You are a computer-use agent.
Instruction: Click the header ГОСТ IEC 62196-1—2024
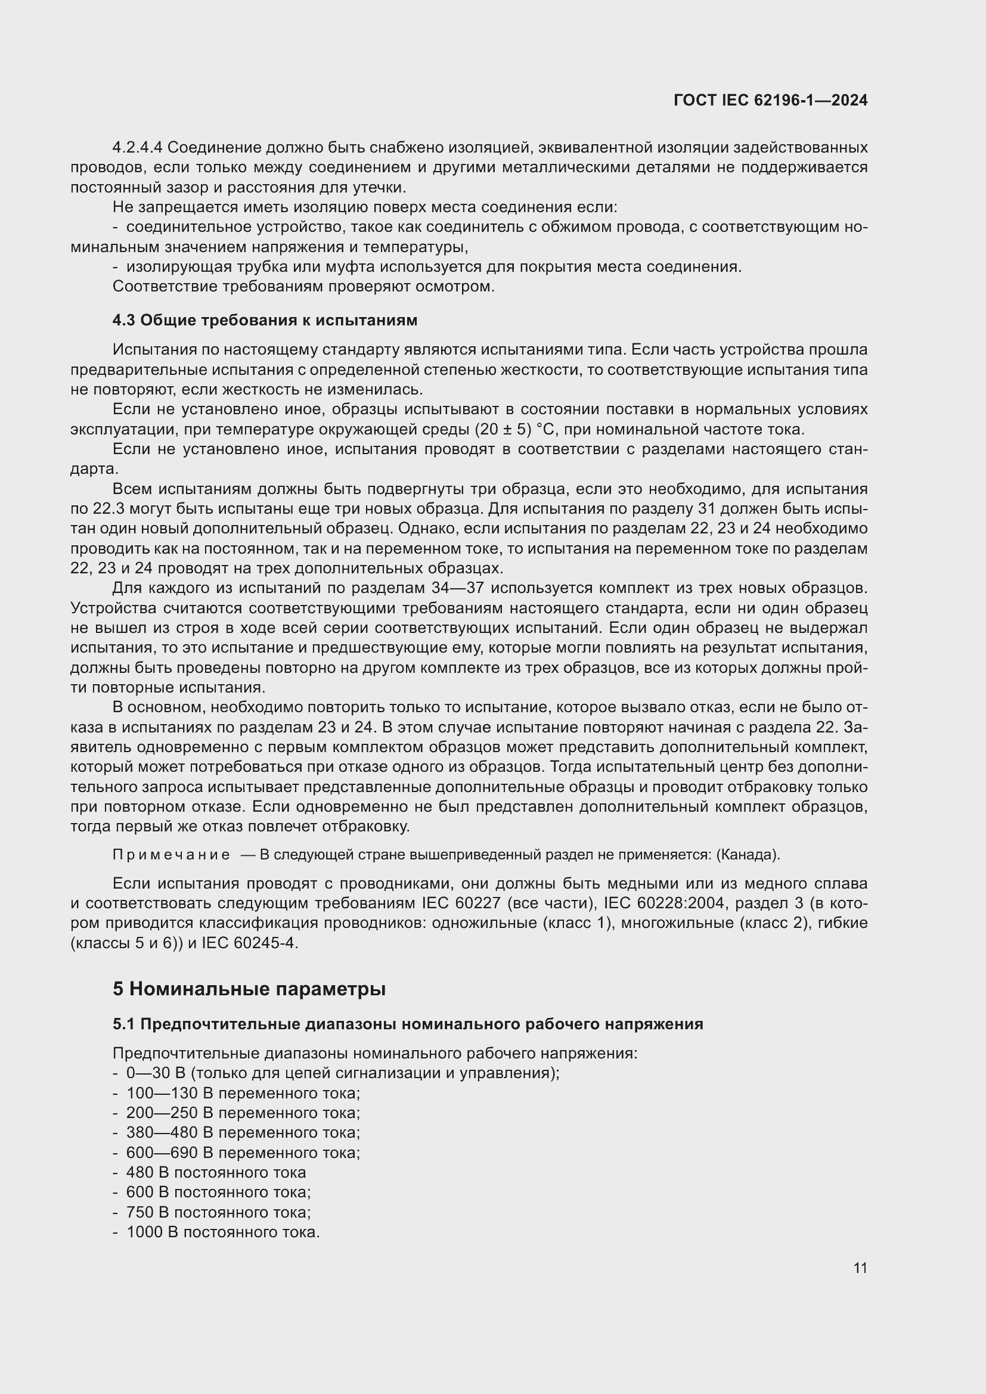coord(770,100)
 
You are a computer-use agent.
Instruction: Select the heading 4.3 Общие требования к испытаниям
coord(265,320)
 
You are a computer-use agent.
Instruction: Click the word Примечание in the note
coord(171,855)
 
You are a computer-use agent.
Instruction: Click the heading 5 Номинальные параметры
coord(249,989)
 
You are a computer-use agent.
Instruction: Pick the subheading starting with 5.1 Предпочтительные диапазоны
coord(407,1024)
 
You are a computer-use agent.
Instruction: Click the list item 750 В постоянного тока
coord(218,1212)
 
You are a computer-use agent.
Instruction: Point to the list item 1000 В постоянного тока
coord(222,1232)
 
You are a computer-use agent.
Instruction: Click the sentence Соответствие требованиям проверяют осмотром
coord(303,286)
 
